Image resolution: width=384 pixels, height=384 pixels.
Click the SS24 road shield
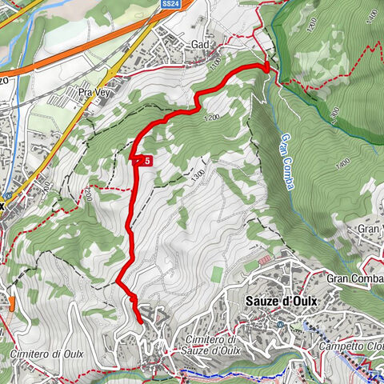click(170, 4)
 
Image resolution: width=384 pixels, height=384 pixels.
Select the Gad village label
click(199, 45)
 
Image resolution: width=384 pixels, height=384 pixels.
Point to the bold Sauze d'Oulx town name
click(277, 302)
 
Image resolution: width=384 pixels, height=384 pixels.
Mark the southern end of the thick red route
click(141, 322)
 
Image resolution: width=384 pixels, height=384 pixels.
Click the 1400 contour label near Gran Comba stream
click(345, 164)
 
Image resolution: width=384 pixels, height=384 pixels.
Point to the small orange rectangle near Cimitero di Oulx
click(13, 302)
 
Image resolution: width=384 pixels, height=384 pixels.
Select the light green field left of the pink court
click(217, 274)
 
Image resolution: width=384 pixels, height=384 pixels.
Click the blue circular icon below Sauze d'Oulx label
click(282, 324)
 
